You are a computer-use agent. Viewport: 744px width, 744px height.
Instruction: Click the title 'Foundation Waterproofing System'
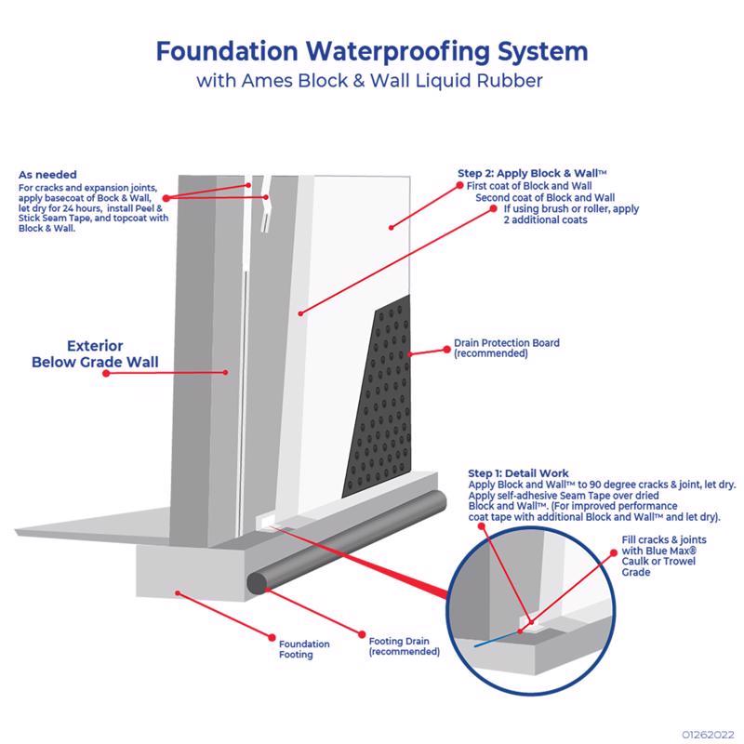click(371, 48)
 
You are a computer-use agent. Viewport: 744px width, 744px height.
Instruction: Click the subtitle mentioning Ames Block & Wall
click(371, 81)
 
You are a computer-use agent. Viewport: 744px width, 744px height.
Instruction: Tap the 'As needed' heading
click(48, 174)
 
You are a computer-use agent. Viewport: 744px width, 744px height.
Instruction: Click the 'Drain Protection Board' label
click(506, 348)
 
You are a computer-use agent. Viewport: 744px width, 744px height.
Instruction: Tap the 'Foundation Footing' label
click(305, 648)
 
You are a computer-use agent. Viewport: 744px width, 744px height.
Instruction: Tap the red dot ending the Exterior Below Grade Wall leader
click(107, 372)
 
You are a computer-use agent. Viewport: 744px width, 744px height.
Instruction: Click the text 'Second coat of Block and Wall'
click(545, 197)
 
